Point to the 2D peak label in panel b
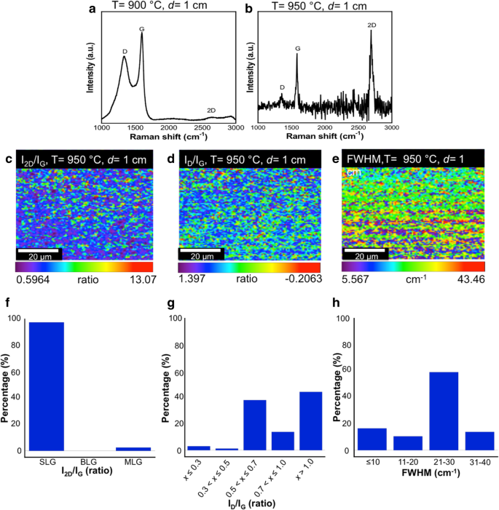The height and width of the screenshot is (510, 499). click(372, 25)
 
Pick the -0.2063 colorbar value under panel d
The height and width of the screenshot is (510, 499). click(300, 279)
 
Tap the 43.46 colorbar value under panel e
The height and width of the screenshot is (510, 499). click(466, 278)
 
